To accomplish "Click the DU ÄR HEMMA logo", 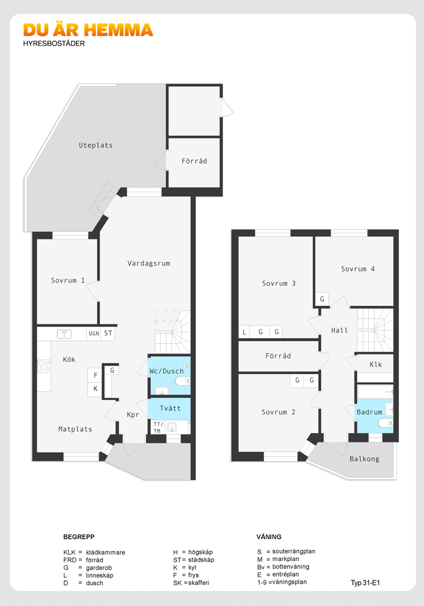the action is pyautogui.click(x=88, y=30).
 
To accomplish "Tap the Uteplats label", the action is pyautogui.click(x=96, y=145).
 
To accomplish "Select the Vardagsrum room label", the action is pyautogui.click(x=148, y=263).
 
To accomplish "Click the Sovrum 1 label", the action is pyautogui.click(x=68, y=280).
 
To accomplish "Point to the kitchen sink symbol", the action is pyautogui.click(x=64, y=334).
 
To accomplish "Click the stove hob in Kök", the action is pyautogui.click(x=44, y=366).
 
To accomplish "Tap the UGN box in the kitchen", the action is pyautogui.click(x=94, y=333).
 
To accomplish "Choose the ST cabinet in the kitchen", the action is pyautogui.click(x=108, y=333).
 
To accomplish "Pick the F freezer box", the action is pyautogui.click(x=96, y=375).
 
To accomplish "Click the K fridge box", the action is pyautogui.click(x=96, y=389).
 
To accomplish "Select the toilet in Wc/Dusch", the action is pyautogui.click(x=183, y=382).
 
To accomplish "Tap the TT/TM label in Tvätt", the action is pyautogui.click(x=158, y=428).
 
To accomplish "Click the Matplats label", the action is pyautogui.click(x=75, y=429).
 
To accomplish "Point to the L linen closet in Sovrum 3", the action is pyautogui.click(x=244, y=332).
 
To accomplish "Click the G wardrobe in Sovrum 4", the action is pyautogui.click(x=322, y=299).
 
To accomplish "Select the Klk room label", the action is pyautogui.click(x=376, y=364).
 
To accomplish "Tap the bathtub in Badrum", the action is pyautogui.click(x=375, y=392).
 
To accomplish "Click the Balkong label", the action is pyautogui.click(x=365, y=459).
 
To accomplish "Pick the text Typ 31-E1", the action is pyautogui.click(x=365, y=583).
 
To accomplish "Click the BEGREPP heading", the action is pyautogui.click(x=79, y=537).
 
